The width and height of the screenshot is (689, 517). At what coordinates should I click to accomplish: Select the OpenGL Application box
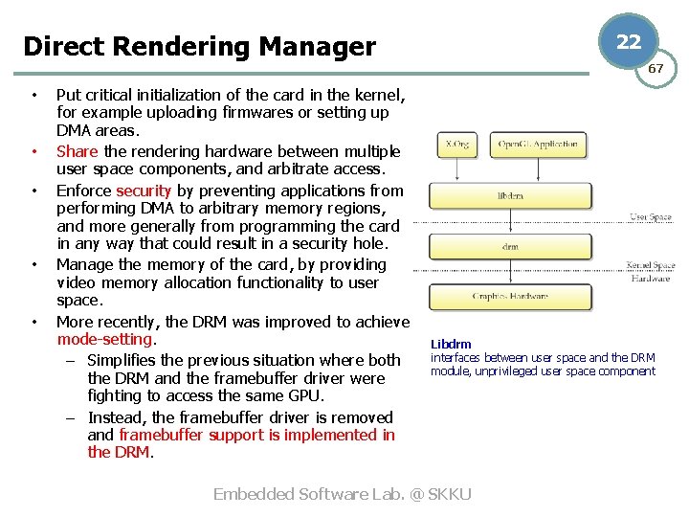[539, 146]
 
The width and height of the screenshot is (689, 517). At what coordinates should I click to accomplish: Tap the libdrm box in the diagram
[510, 195]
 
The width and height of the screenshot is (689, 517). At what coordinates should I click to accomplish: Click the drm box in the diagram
[510, 246]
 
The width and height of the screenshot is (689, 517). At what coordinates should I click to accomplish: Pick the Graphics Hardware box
[510, 296]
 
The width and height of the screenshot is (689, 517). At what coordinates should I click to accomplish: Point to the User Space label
[651, 217]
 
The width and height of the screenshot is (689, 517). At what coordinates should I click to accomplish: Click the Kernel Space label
[651, 265]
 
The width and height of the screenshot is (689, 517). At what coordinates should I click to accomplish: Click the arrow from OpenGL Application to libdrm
[538, 170]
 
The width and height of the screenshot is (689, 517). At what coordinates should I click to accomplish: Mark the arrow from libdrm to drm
[510, 221]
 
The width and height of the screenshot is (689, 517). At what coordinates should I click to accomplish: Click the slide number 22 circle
[629, 41]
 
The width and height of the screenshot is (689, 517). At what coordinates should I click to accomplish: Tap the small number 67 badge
[656, 69]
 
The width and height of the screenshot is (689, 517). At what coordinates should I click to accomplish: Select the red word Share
[78, 151]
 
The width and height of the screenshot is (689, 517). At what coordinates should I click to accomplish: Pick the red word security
[143, 191]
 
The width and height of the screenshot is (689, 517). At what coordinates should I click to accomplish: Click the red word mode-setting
[104, 339]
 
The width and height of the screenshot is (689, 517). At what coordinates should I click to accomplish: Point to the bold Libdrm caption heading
[451, 345]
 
